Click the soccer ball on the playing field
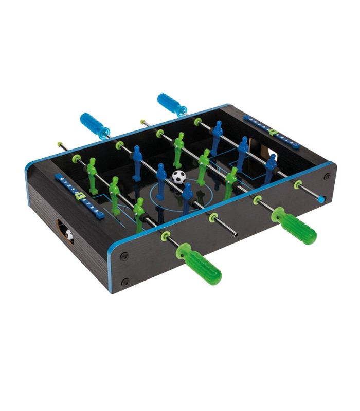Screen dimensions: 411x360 178,177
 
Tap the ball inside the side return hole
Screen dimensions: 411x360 69,235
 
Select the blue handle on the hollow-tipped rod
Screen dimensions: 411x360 95,125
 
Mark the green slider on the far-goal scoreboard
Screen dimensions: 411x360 273,133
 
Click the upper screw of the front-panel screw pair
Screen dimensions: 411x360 124,256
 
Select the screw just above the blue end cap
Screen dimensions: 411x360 327,176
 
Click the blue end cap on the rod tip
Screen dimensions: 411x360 321,198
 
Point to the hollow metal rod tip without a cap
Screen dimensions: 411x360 235,234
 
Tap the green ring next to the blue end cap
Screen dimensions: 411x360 297,184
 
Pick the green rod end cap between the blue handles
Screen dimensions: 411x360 143,122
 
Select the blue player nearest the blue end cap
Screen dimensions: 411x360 270,167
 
